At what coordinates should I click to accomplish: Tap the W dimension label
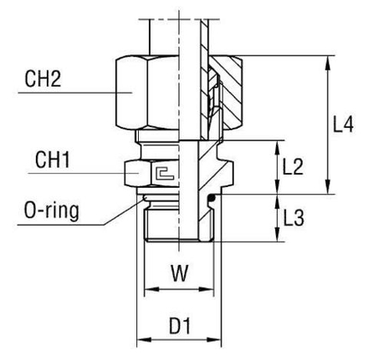177,273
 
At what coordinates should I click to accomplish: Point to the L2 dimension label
293,167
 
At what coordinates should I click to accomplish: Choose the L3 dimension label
293,220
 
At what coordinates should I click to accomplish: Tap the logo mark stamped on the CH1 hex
164,173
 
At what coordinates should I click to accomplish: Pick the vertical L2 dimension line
276,167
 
